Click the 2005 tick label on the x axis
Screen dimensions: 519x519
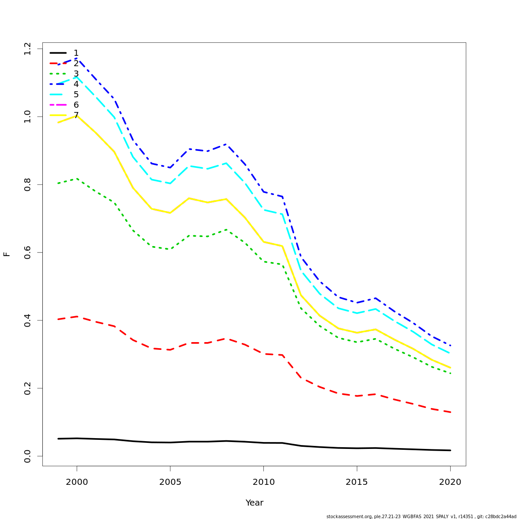[170, 482]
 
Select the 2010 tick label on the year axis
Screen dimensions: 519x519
[263, 482]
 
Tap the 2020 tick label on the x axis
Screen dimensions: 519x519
[450, 482]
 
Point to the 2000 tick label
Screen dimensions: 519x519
[77, 482]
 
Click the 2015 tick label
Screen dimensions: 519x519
[357, 482]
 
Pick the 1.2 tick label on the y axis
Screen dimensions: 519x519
[28, 49]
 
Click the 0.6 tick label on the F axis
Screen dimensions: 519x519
[28, 252]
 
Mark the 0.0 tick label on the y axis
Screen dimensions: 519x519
[28, 456]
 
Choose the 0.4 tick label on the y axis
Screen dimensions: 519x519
[28, 320]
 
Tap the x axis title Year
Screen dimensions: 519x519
[254, 503]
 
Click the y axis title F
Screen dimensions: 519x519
[7, 254]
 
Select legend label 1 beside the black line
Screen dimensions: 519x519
[76, 53]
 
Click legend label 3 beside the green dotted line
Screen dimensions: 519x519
[76, 74]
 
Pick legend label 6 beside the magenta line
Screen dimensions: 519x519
[76, 105]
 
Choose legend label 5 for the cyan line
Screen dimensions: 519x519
[76, 95]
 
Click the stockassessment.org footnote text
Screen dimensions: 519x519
[421, 516]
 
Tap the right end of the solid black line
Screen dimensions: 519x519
[450, 450]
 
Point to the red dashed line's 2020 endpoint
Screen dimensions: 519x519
[450, 412]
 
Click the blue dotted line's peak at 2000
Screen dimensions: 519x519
[77, 58]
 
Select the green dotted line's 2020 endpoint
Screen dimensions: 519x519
[450, 373]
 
